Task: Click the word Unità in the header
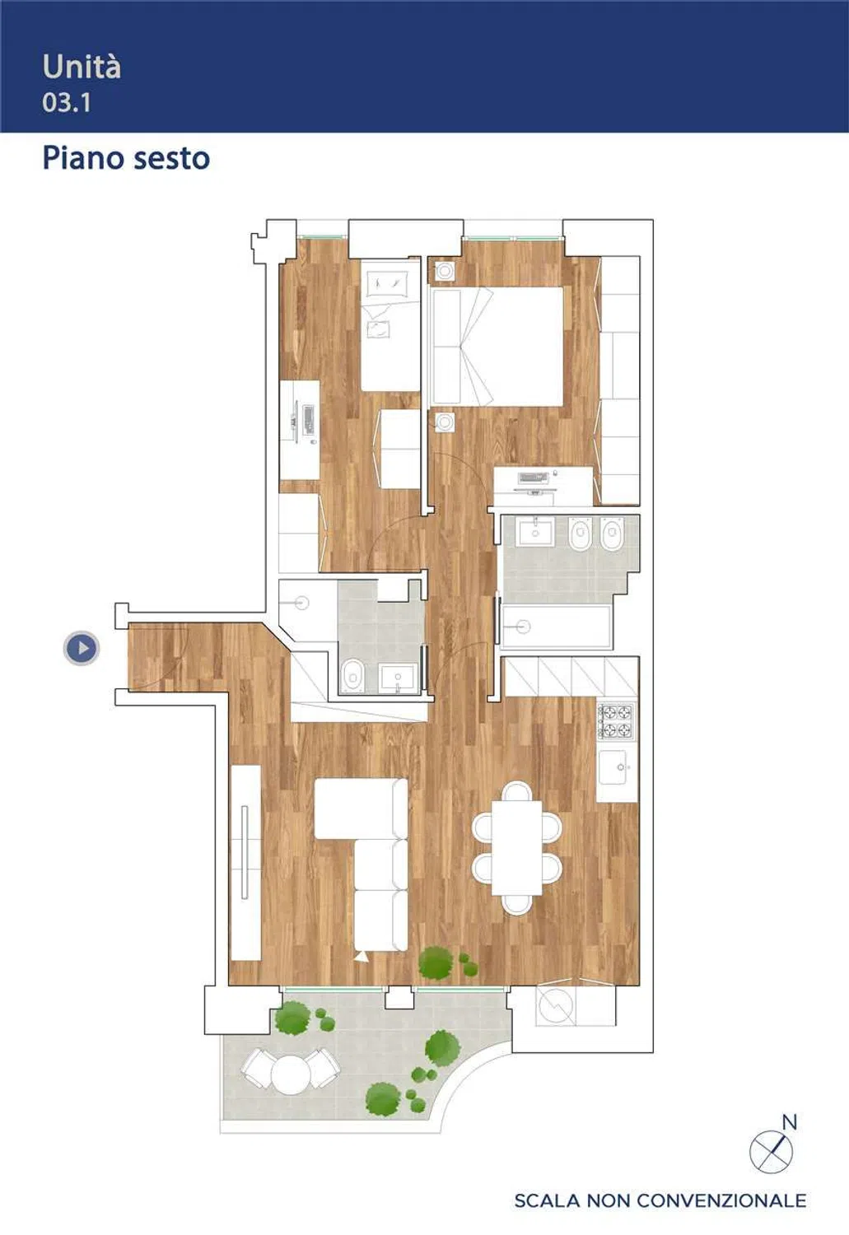point(81,68)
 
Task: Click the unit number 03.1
point(66,103)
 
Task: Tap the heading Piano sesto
point(126,159)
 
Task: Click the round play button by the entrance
point(82,648)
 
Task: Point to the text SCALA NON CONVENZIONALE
point(660,1200)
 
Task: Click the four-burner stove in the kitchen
point(616,721)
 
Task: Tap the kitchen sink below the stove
point(613,767)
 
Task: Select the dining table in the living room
point(517,848)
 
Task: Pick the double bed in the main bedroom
point(498,347)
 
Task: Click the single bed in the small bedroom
point(390,326)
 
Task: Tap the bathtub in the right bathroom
point(557,627)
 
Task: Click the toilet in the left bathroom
point(351,675)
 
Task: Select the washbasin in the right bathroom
point(535,532)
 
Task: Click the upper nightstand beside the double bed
point(444,271)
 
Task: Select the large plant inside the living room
point(436,962)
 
